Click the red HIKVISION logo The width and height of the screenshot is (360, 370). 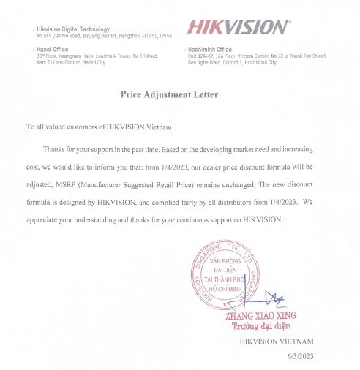click(x=236, y=28)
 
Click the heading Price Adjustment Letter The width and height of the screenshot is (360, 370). click(x=179, y=94)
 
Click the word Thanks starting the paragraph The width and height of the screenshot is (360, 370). click(x=55, y=150)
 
